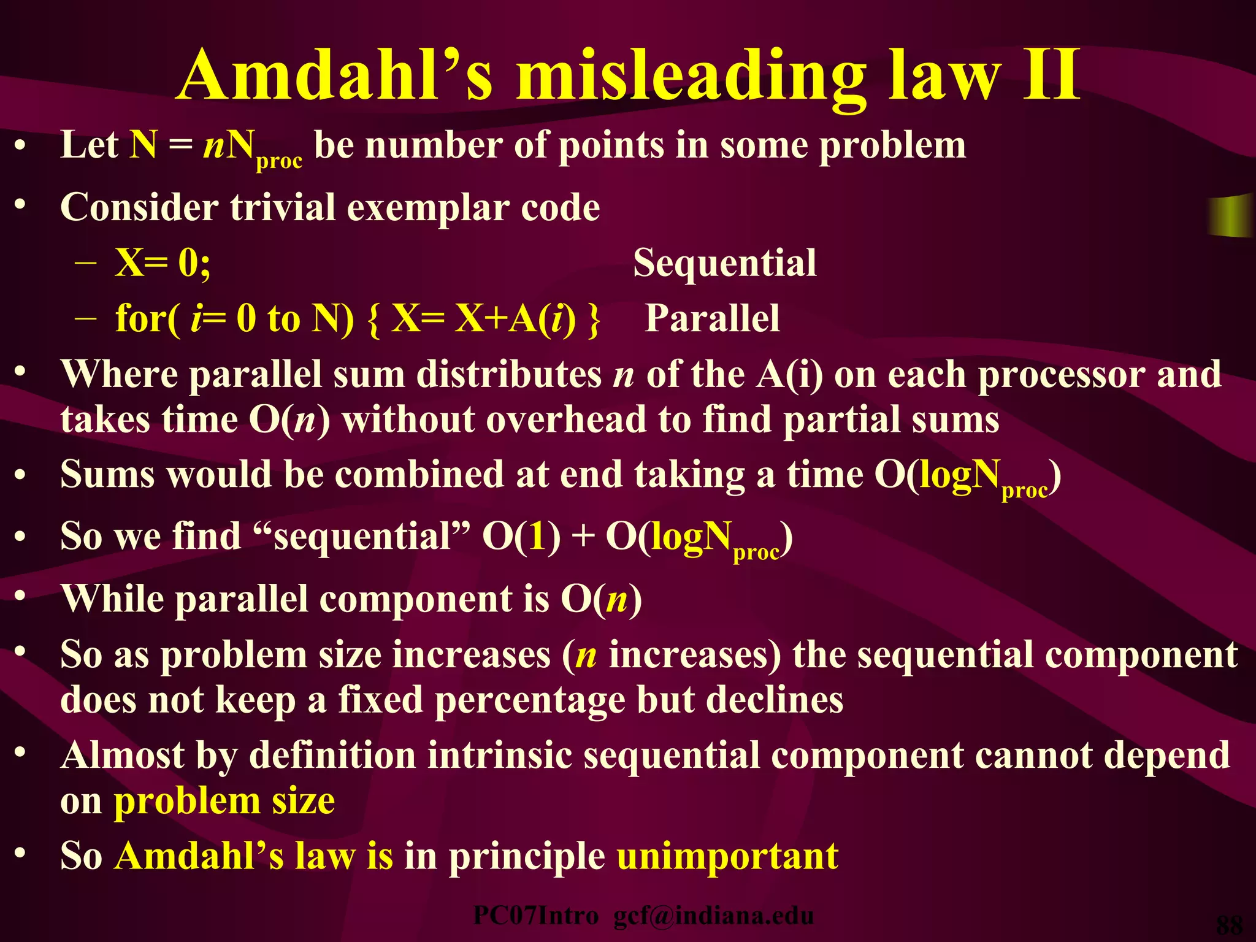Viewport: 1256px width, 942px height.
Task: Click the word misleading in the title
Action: [689, 77]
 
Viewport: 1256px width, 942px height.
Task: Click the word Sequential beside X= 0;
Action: [724, 263]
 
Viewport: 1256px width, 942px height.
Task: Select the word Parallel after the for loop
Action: [712, 318]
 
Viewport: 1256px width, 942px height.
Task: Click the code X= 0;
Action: [163, 263]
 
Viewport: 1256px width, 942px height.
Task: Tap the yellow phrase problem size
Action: [224, 801]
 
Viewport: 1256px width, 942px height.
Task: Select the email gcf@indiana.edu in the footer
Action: [713, 916]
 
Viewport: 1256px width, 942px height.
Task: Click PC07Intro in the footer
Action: [536, 916]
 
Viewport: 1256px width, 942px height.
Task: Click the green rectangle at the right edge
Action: [1231, 215]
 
